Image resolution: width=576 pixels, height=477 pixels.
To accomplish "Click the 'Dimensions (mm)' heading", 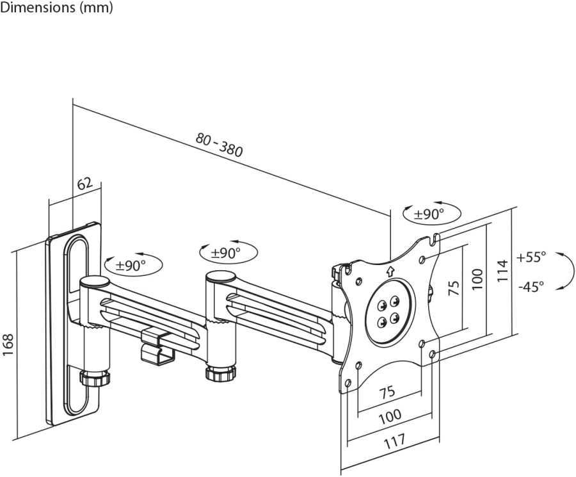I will point(57,8).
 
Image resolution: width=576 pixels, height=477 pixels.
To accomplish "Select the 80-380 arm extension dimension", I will point(220,145).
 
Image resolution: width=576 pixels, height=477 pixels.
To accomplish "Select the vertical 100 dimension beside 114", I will point(477,279).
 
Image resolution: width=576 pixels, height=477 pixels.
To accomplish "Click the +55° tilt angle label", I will point(532,257).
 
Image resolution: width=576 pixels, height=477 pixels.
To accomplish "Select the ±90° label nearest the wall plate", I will point(131,264).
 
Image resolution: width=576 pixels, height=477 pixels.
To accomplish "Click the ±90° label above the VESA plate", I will point(428,214).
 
